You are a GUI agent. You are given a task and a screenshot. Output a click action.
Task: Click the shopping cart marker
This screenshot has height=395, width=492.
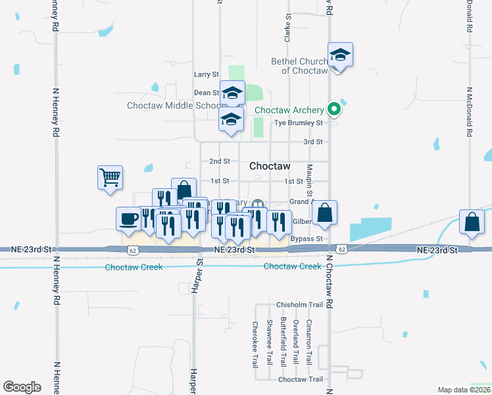click(x=110, y=177)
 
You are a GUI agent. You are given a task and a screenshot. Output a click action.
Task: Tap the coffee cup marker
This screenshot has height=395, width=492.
click(x=128, y=219)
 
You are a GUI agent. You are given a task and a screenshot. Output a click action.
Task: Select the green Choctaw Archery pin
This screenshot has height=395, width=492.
click(x=334, y=109)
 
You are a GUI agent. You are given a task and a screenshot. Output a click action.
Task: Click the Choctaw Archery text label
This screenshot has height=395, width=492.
click(x=289, y=111)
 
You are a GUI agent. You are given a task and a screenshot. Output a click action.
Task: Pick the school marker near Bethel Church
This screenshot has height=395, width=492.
click(x=340, y=55)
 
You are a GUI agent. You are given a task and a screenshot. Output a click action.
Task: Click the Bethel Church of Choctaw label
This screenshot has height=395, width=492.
click(x=299, y=66)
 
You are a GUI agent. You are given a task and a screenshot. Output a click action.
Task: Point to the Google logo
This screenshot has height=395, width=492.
click(x=22, y=387)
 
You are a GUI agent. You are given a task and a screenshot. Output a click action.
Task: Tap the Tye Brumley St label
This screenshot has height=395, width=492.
click(x=299, y=123)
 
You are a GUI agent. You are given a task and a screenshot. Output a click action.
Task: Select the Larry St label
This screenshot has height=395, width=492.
click(x=206, y=75)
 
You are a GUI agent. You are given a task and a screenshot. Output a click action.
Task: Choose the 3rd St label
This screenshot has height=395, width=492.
click(x=312, y=142)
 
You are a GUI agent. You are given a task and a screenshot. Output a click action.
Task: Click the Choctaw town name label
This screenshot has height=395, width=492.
click(x=270, y=167)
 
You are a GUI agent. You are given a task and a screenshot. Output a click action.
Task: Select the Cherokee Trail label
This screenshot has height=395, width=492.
click(x=255, y=344)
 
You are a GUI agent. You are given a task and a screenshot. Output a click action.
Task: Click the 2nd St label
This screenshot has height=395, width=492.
click(x=219, y=161)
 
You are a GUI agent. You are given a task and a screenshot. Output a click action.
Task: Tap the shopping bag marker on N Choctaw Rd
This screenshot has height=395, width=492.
click(x=324, y=213)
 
